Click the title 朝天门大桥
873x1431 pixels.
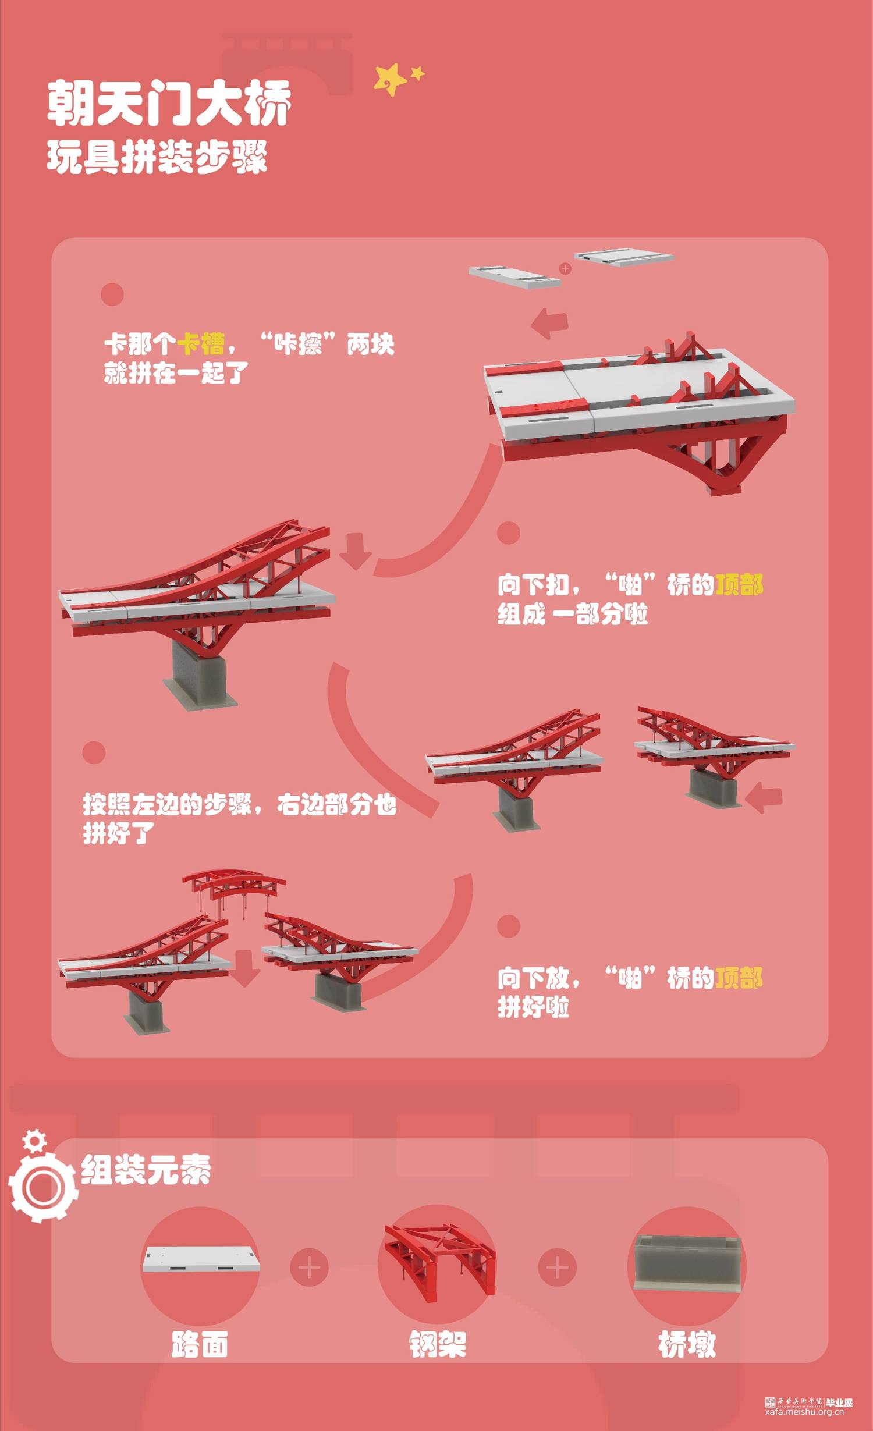tap(169, 104)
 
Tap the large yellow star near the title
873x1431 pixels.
tap(390, 79)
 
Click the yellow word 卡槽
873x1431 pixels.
tap(200, 344)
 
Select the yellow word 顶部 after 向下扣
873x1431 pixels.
tap(739, 585)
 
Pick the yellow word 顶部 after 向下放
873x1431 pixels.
tap(739, 978)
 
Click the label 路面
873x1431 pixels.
tap(200, 1344)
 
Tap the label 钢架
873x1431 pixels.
tap(438, 1344)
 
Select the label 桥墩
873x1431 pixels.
tap(687, 1344)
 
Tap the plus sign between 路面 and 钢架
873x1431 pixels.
tap(309, 1267)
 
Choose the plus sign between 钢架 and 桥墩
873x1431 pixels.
tap(558, 1267)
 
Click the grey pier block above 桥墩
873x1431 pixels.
tap(687, 1263)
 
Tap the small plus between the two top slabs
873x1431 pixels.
tap(565, 268)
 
